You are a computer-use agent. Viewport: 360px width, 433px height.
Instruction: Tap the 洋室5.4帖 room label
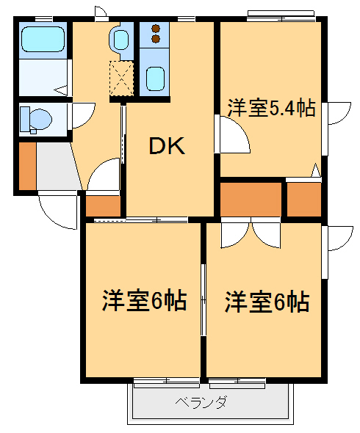pos(270,109)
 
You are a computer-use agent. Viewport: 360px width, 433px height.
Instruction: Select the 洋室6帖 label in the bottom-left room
pos(143,300)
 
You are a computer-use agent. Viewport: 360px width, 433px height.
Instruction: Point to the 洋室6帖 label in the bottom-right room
pos(266,300)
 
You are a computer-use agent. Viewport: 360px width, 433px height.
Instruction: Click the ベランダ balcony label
pos(201,402)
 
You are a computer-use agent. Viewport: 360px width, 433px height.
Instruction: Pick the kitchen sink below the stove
pos(154,77)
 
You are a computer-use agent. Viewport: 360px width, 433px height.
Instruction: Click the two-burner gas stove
pos(155,34)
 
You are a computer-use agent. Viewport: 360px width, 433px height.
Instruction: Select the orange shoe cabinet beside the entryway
pos(26,165)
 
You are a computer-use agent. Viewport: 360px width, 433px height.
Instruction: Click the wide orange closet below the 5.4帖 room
pos(251,199)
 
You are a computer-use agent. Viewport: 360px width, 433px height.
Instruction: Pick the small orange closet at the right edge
pos(303,199)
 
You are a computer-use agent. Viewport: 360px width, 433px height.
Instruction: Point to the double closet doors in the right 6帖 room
pos(251,232)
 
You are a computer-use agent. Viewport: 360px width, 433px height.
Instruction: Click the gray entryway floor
pos(55,167)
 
